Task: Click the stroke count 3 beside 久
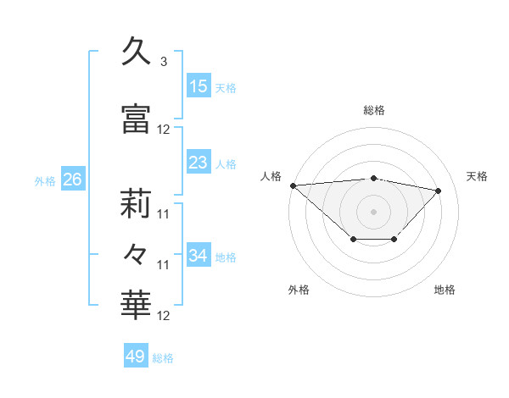[x=163, y=63]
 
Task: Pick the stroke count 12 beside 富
[x=164, y=130]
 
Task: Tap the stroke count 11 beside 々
[x=164, y=265]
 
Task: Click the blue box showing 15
[x=199, y=86]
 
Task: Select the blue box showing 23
[x=199, y=163]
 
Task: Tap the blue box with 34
[x=199, y=256]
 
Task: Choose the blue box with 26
[x=72, y=180]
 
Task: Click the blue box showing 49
[x=136, y=357]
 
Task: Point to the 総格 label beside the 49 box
[x=163, y=358]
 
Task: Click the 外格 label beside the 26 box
[x=45, y=180]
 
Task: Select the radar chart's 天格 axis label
[x=478, y=176]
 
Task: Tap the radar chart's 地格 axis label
[x=445, y=290]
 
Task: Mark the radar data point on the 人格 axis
[x=293, y=185]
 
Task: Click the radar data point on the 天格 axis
[x=439, y=191]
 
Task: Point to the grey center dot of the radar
[x=373, y=211]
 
